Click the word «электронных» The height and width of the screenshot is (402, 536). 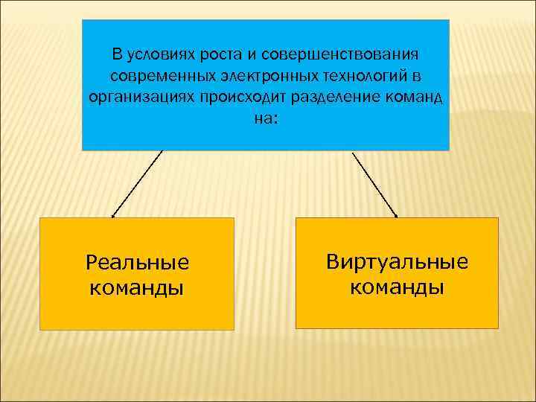coord(261,76)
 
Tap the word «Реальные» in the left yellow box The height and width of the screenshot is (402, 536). coord(138,262)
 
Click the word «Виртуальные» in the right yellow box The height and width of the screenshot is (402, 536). coord(397,261)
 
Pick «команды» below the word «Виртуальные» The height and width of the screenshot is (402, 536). coord(397,287)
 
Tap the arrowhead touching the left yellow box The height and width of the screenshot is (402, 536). coord(113,215)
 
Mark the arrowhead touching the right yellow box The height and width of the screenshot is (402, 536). coord(395,215)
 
